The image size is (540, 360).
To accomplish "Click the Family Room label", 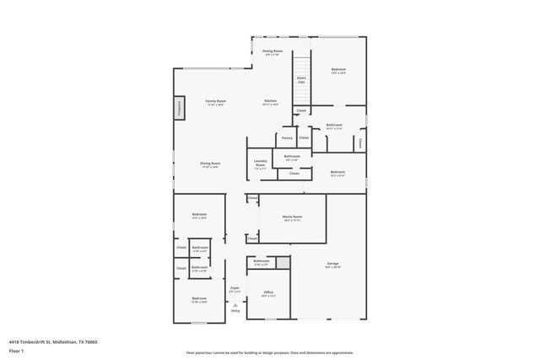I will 215,101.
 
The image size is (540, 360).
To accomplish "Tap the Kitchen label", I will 270,101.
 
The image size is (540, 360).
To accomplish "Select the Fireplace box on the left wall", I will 179,108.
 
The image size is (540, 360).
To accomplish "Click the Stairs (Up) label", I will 300,80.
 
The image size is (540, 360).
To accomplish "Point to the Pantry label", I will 287,137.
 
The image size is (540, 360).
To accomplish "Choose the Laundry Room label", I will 261,163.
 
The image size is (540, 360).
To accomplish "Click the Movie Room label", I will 292,217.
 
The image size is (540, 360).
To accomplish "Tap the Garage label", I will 333,265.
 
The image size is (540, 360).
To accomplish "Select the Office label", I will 268,293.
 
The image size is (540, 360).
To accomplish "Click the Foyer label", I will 235,289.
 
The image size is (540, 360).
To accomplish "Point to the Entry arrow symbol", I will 235,304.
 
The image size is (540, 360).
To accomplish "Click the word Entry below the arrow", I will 235,311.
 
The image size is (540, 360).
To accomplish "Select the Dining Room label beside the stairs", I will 272,52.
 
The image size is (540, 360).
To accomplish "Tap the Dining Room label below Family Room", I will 210,164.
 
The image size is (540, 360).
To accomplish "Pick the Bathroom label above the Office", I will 262,261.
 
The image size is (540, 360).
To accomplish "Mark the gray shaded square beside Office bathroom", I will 283,263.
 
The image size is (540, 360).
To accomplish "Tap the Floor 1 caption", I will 15,350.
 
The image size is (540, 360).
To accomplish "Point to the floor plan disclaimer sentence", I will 269,352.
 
